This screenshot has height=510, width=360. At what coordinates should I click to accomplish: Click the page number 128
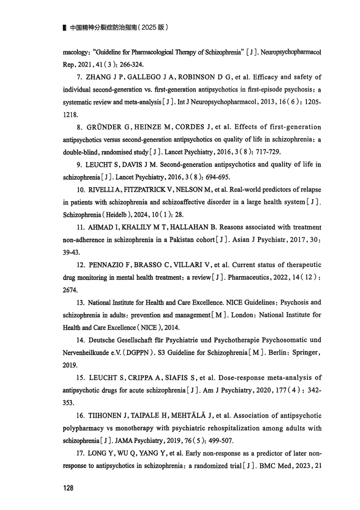(68, 488)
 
